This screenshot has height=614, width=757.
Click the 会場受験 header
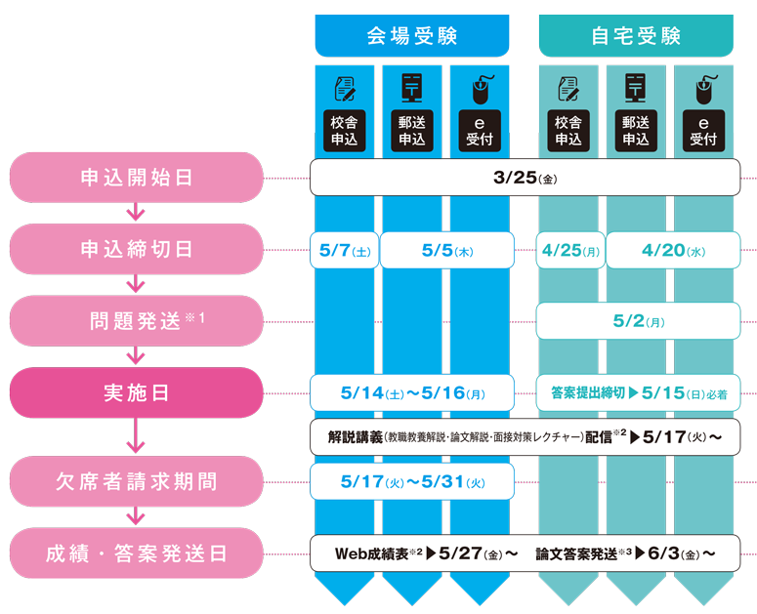coord(411,36)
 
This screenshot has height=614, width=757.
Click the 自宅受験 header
coord(636,36)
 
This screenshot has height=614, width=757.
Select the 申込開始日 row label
coord(136,178)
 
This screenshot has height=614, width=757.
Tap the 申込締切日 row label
coord(136,249)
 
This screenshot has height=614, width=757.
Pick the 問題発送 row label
coord(136,321)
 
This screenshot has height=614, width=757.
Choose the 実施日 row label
coord(136,392)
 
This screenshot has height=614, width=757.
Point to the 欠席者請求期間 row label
coord(136,481)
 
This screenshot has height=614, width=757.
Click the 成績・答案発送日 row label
coord(136,553)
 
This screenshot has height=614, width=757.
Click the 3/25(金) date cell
coord(525,178)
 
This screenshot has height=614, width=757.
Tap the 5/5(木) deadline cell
coord(446,250)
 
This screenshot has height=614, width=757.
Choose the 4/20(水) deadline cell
coord(672,250)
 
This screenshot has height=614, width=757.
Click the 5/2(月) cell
coord(638,321)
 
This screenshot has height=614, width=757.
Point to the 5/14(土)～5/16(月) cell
coord(412,392)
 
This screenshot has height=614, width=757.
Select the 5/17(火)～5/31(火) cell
coord(412,481)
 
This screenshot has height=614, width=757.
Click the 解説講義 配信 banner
coord(525,436)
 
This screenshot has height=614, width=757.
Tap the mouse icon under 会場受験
coord(480,90)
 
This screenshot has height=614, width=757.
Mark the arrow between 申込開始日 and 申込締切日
coord(136,213)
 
